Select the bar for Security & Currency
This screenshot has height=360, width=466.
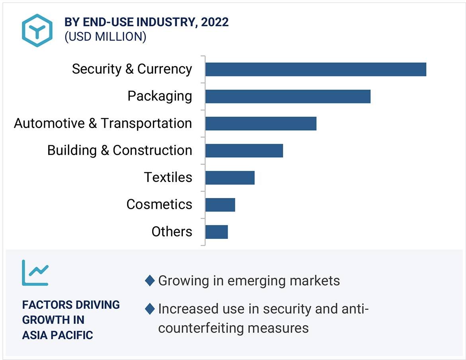click(315, 69)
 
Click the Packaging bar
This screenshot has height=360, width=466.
click(288, 96)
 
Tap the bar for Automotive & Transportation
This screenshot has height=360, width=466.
click(260, 123)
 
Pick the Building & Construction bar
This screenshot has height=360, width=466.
click(244, 151)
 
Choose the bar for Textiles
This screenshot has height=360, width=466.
click(230, 178)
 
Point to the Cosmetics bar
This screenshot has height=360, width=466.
click(220, 205)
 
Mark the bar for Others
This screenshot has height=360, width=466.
click(216, 232)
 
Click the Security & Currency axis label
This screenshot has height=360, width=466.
click(132, 69)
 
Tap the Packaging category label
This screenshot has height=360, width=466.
click(160, 96)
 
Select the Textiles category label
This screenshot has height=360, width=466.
click(168, 178)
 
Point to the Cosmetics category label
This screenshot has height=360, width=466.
click(159, 205)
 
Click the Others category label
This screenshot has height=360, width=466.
click(172, 232)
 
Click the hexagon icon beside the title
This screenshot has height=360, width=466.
click(37, 30)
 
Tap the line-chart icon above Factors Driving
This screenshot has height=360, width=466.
click(35, 273)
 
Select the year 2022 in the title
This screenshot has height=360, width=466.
click(215, 22)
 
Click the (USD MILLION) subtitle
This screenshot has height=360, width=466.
click(105, 37)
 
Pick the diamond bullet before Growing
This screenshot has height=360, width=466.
click(150, 281)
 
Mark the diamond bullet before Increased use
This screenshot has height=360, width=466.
click(150, 309)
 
